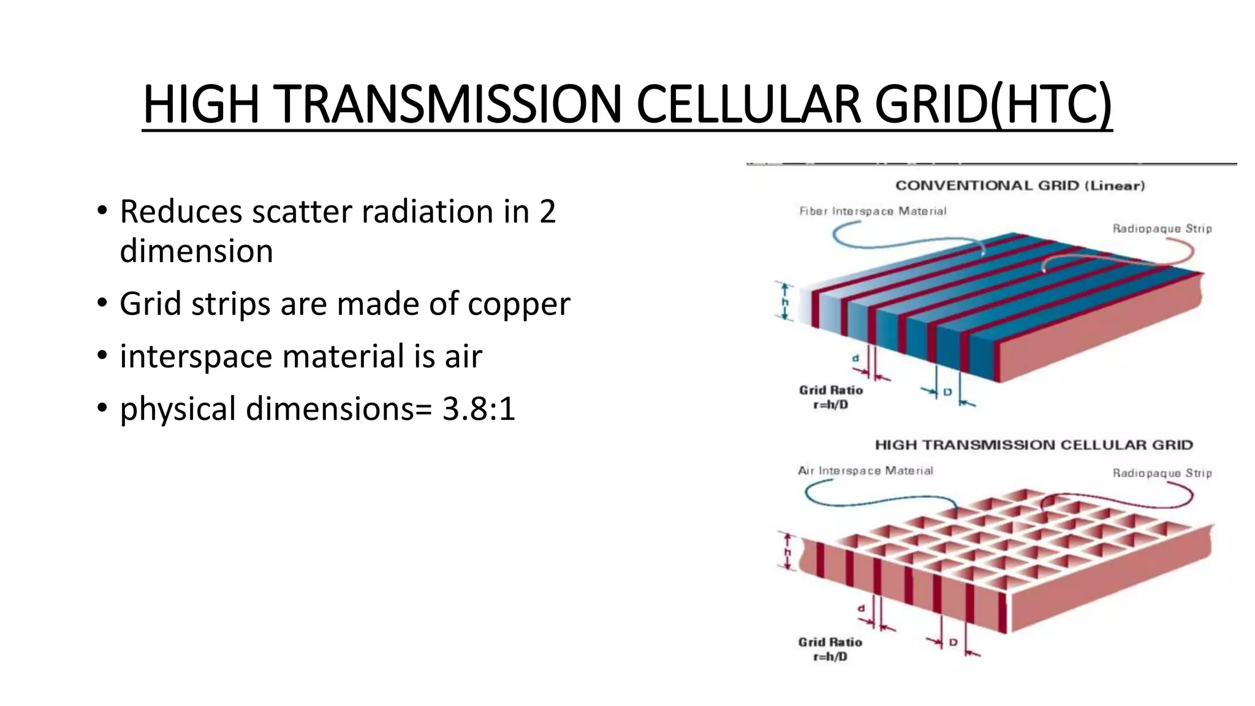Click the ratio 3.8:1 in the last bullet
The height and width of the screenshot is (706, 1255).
click(479, 409)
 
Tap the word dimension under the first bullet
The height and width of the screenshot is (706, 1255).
click(196, 251)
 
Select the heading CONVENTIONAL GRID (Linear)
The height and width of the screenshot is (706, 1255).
click(1020, 186)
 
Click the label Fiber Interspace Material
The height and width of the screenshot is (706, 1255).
click(873, 211)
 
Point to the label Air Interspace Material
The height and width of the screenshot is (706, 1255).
click(865, 471)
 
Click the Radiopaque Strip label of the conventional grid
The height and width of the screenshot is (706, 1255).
click(1162, 229)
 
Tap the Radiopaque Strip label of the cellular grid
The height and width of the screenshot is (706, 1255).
click(1162, 473)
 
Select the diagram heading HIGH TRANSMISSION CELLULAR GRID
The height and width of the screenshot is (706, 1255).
click(1034, 445)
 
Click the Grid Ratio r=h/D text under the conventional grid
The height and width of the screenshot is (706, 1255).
click(830, 397)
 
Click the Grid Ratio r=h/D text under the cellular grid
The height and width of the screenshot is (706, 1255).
click(830, 649)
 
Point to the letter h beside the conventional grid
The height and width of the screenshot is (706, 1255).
click(786, 302)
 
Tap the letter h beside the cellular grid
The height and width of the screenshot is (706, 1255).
click(788, 552)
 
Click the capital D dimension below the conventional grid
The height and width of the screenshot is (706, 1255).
click(947, 391)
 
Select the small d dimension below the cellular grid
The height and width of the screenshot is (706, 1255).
click(861, 609)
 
